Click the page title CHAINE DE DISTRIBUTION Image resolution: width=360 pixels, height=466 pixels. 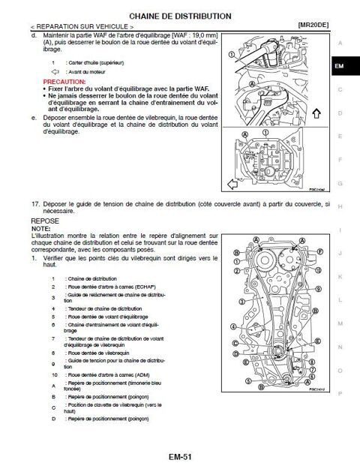[180, 15]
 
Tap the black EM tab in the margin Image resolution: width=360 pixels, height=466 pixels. [340, 67]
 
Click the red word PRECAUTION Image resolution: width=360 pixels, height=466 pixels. [64, 80]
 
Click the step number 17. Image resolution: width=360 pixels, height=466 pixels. [34, 204]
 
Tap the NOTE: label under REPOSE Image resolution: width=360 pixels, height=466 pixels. [40, 229]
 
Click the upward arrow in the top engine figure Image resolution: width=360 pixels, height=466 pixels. [316, 114]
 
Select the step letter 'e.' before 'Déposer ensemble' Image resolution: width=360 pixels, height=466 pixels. [34, 118]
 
